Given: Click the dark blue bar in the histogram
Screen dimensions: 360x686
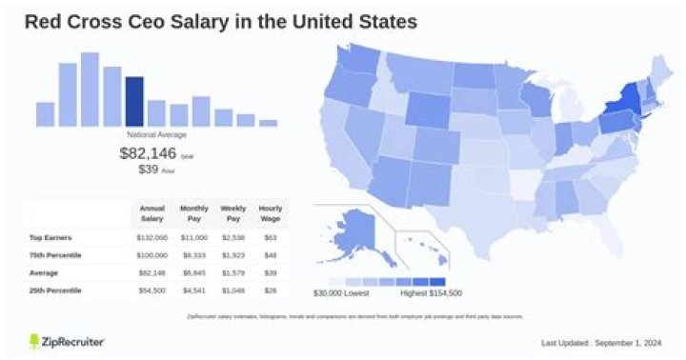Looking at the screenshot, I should (134, 101).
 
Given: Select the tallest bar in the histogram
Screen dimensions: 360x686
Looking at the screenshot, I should (91, 89).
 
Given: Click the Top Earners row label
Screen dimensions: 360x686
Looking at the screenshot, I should (51, 237).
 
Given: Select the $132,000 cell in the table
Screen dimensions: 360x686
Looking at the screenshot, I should (152, 237).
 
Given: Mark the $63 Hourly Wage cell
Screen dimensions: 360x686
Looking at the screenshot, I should (271, 237).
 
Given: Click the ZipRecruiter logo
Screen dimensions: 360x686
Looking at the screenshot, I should (67, 341).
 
